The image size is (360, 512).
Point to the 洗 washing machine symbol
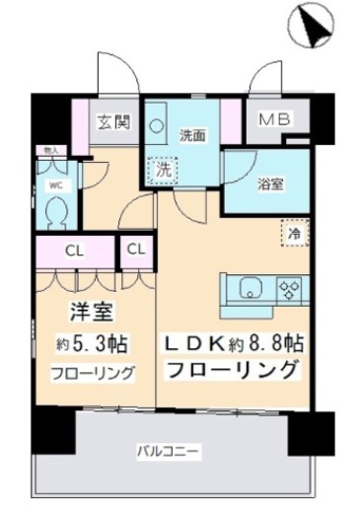[x=167, y=169]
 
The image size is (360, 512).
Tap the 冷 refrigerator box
[x=293, y=234]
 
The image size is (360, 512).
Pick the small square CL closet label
[x=137, y=251]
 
